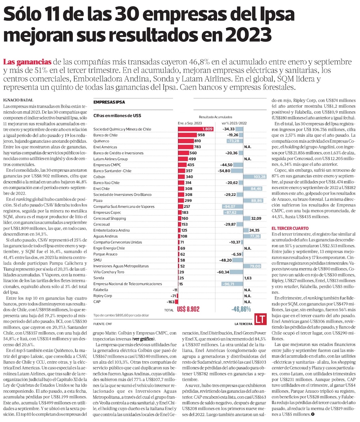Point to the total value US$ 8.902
pos(188,309)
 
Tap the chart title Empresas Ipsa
pos(109,102)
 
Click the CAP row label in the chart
pos(96,301)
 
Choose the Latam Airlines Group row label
pos(110,159)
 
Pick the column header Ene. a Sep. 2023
pos(190,123)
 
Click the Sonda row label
pos(98,278)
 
